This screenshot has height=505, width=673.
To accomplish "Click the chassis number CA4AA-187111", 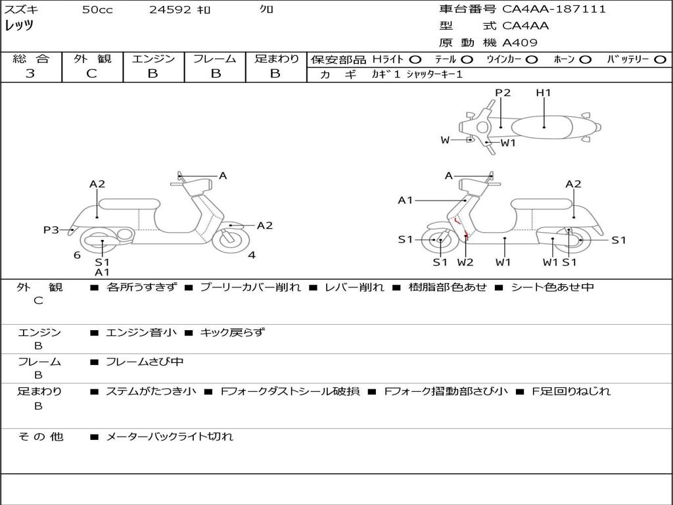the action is click(x=553, y=9).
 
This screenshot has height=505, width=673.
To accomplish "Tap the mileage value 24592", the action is click(x=170, y=10).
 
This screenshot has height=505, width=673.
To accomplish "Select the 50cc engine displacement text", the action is click(x=97, y=10).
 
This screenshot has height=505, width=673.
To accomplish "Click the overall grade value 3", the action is click(x=30, y=73).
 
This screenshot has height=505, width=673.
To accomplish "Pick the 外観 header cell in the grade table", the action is click(x=92, y=59).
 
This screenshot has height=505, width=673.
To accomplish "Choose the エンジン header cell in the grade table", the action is click(x=153, y=59).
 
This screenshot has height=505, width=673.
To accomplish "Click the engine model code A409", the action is click(x=520, y=43).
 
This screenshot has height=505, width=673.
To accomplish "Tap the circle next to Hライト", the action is click(x=415, y=59).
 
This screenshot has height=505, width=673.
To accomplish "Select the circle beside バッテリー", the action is click(x=660, y=59).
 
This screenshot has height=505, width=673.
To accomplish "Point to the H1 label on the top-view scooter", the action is click(x=544, y=93).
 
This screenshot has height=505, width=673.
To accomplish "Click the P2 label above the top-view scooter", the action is click(x=503, y=93).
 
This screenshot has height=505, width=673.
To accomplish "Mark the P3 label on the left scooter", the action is click(x=51, y=229).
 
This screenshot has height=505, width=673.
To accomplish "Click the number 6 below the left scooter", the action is click(x=77, y=255).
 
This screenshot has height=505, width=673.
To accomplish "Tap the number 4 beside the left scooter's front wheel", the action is click(x=252, y=255).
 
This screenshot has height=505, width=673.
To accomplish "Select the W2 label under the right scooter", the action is click(x=465, y=262).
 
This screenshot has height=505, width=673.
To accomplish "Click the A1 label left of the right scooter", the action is click(x=406, y=200).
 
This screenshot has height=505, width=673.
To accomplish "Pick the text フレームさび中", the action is click(x=145, y=362).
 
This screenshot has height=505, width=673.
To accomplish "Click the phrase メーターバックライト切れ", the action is click(x=170, y=436).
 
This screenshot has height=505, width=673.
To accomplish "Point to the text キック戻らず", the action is click(x=232, y=332).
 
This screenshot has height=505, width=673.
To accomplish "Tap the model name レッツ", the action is click(x=19, y=26).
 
